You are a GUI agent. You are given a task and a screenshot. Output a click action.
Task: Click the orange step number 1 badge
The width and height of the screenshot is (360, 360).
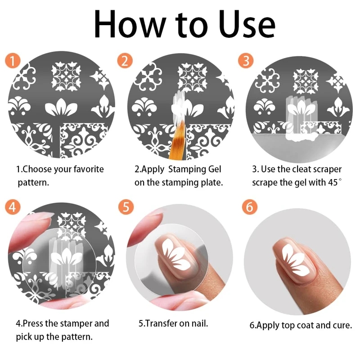point(13,60)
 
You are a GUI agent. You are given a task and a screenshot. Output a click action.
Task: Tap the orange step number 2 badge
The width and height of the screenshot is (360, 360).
point(125,61)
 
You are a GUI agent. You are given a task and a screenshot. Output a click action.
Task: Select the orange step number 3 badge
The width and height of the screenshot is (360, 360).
point(246,61)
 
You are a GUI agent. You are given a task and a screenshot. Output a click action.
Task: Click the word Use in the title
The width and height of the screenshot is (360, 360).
point(247,24)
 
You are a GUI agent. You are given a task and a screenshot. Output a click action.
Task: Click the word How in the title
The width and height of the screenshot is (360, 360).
point(130,24)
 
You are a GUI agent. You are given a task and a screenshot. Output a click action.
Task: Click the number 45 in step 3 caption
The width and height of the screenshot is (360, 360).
point(333,183)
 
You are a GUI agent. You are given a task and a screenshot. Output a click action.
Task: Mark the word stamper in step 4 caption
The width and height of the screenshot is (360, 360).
point(73,324)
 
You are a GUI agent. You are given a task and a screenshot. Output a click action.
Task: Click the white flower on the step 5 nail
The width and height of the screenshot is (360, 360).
point(176,254)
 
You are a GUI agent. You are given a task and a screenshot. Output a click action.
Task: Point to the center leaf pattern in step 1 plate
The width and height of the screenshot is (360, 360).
point(61,107)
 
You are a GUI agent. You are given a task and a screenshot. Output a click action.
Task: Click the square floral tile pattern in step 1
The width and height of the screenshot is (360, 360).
point(66,76)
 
